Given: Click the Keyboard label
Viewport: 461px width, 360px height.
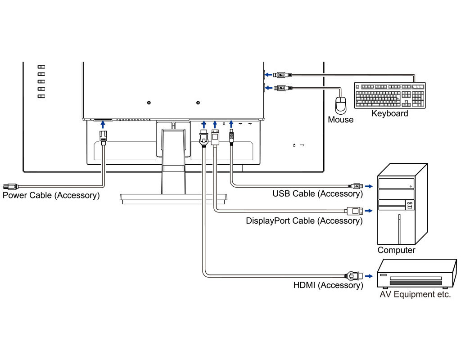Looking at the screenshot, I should [389, 114].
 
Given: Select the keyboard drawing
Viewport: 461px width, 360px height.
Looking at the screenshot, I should [389, 95].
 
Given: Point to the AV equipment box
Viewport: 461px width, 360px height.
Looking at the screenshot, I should [416, 274].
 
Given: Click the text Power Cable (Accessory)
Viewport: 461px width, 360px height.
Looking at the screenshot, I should [51, 196].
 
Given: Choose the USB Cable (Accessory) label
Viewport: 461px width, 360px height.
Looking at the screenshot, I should [317, 194].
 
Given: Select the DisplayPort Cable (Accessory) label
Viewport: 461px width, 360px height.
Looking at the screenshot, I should [304, 221].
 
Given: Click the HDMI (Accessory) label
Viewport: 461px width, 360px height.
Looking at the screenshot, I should [328, 285].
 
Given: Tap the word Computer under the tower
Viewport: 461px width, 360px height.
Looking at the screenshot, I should [396, 250].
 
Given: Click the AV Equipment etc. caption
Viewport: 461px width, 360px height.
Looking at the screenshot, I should [415, 295].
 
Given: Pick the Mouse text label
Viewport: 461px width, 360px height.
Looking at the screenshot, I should [340, 120].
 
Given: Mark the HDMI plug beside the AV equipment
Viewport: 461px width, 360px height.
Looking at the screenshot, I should [353, 275].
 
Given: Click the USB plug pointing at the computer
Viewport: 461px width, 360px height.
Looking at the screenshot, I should [356, 185].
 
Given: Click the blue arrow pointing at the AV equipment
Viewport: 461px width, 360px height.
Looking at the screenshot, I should [370, 275].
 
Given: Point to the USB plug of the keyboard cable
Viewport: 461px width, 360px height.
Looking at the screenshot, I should [282, 74].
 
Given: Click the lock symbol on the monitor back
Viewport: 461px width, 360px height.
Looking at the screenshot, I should [294, 145].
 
